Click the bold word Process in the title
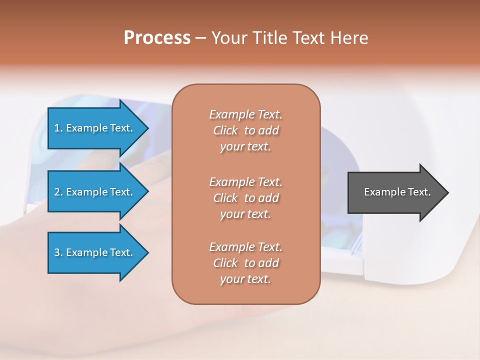click(x=157, y=38)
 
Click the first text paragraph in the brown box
click(x=245, y=130)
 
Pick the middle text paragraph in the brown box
click(x=245, y=198)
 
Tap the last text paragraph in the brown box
click(x=245, y=263)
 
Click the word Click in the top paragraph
click(x=225, y=130)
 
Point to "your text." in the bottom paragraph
click(x=245, y=279)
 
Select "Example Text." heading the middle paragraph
click(x=245, y=182)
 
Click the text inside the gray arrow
click(x=397, y=192)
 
